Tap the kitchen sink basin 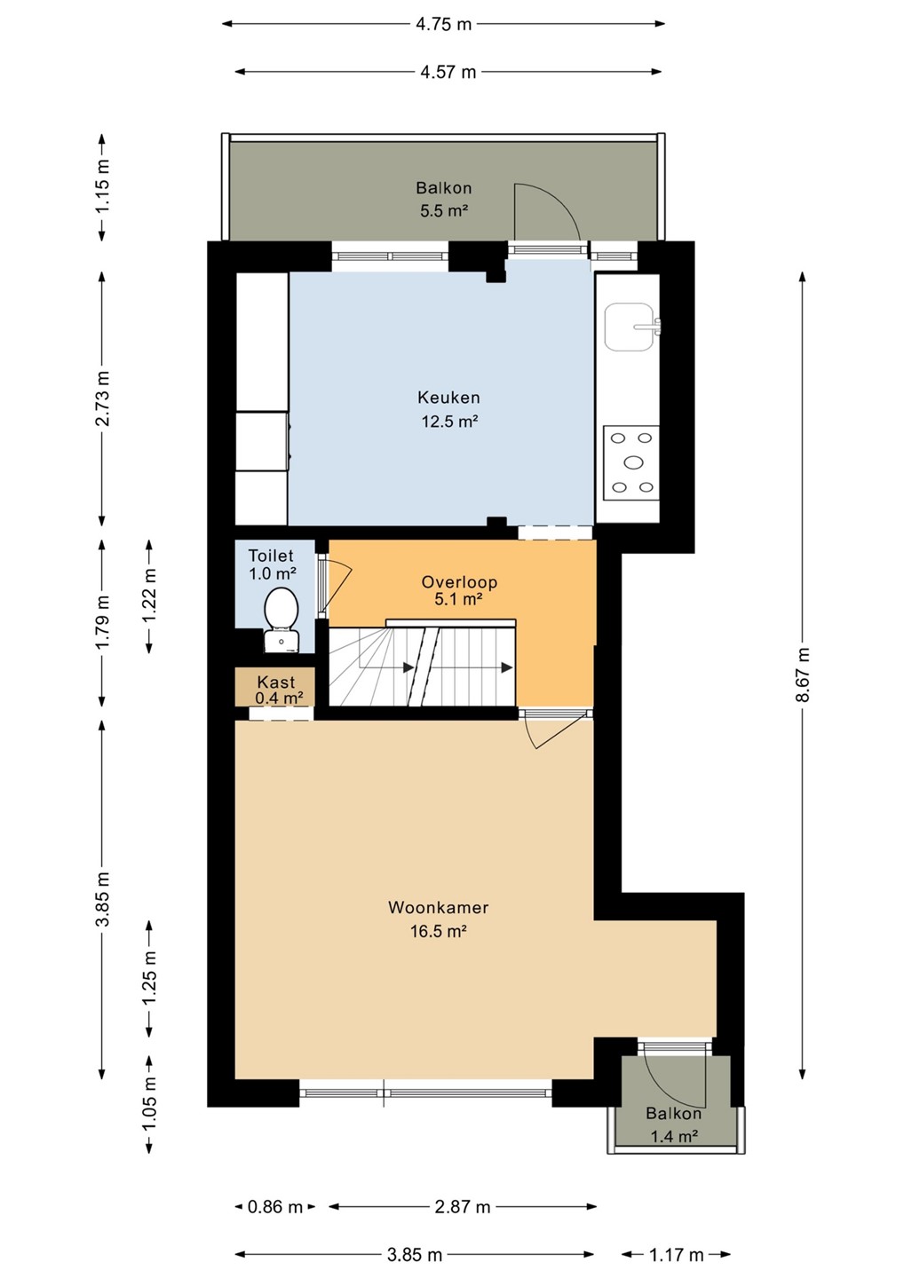click(630, 327)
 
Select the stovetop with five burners click(631, 462)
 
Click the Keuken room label click(448, 397)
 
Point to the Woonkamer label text click(439, 907)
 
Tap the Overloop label click(459, 582)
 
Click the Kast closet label click(276, 682)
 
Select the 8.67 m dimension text click(804, 674)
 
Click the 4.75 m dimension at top click(444, 24)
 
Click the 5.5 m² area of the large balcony click(444, 211)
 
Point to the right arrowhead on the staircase click(506, 667)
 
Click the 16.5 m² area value click(439, 932)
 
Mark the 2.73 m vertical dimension click(102, 398)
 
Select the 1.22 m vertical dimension click(149, 596)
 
